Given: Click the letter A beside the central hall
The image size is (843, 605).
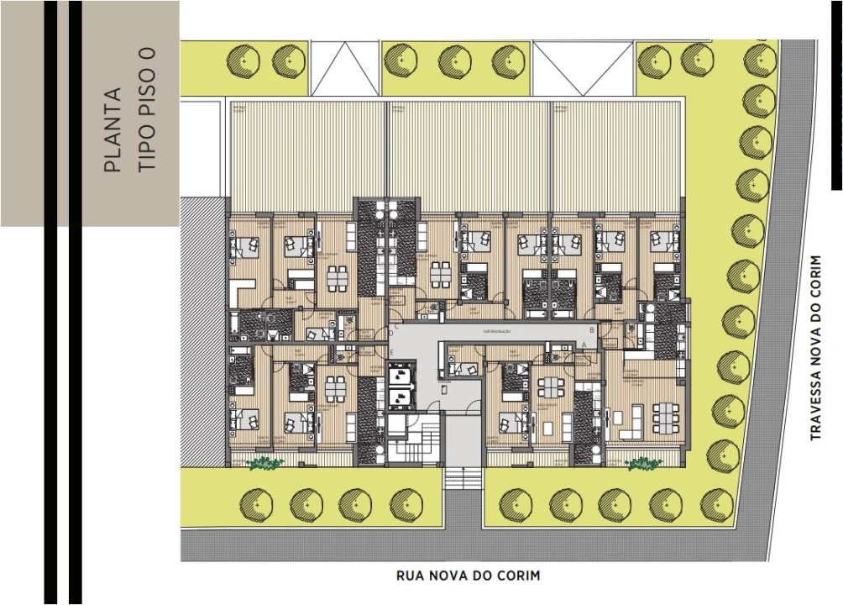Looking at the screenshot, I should (x=584, y=345).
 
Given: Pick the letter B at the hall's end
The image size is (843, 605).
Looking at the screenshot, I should (x=593, y=330).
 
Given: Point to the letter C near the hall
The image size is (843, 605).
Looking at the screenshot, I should (x=395, y=325).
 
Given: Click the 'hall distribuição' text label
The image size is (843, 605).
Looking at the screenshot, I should (x=495, y=331).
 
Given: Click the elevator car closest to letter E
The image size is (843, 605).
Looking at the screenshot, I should (x=401, y=371).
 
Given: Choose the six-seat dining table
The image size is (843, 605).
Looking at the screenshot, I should (x=664, y=413).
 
